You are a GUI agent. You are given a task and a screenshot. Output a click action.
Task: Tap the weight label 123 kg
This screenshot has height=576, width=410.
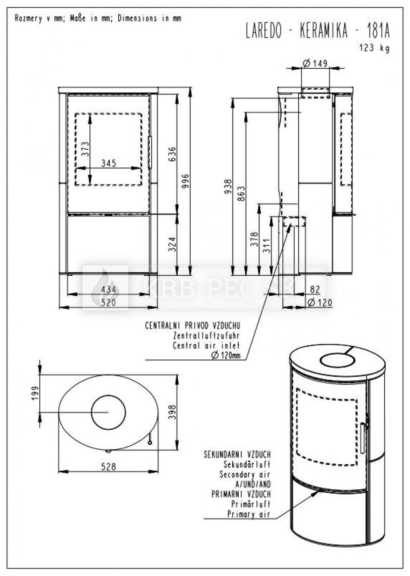(x=375, y=48)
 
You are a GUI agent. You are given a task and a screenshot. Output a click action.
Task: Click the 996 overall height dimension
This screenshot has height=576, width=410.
(x=186, y=181)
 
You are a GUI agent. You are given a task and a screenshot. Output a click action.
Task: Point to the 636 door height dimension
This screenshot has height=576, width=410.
(x=173, y=154)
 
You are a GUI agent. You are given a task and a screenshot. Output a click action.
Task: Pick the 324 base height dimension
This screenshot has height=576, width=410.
(x=173, y=244)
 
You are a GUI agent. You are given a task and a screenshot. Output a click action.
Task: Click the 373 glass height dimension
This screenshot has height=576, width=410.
(x=85, y=149)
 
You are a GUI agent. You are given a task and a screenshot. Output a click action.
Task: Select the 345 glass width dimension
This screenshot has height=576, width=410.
(x=109, y=163)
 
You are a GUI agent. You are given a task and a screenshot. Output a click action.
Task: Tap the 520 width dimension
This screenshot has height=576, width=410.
(x=109, y=302)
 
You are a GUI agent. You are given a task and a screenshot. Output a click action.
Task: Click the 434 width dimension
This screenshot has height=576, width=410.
(x=109, y=290)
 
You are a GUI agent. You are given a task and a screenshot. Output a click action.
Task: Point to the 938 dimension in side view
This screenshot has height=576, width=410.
(x=228, y=186)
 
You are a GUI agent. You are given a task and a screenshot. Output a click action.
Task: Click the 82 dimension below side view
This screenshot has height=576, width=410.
(x=315, y=290)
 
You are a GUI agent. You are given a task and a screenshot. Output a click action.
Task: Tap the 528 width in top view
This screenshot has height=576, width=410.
(x=109, y=466)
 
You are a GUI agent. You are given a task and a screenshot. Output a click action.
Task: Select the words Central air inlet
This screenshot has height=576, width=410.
(x=206, y=345)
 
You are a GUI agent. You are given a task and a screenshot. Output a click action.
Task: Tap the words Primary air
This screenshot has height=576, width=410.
(x=249, y=514)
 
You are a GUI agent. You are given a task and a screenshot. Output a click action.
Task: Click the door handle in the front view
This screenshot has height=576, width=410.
(x=150, y=152)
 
